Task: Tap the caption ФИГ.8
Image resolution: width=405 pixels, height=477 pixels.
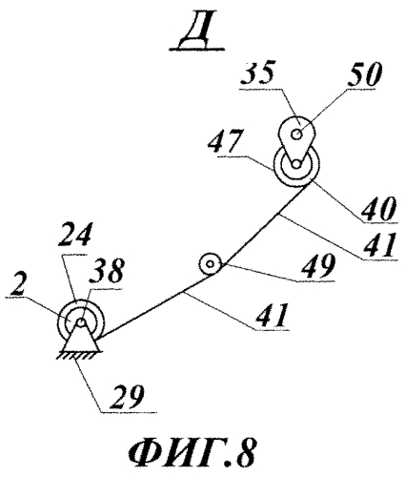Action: (192, 453)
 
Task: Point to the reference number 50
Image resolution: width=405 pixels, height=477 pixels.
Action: (364, 74)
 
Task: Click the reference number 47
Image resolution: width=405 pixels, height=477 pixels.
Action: (225, 141)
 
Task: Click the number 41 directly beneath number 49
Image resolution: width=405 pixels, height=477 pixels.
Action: (273, 315)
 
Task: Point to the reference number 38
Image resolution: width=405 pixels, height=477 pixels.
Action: (107, 271)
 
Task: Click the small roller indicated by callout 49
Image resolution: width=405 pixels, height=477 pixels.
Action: (210, 264)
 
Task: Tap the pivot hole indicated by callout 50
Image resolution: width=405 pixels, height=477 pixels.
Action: (297, 135)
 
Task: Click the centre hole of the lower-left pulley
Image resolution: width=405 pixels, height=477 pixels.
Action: (81, 322)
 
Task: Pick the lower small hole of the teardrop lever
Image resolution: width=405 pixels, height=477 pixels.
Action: (296, 164)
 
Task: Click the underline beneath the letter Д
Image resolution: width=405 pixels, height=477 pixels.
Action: (196, 50)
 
